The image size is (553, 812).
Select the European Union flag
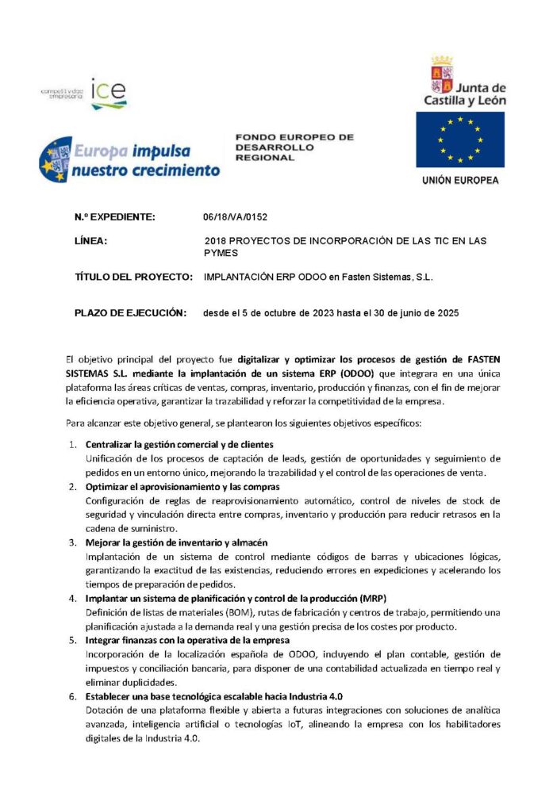pyautogui.click(x=459, y=140)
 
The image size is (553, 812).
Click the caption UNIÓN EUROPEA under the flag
pyautogui.click(x=460, y=181)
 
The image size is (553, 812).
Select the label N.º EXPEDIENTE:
pyautogui.click(x=115, y=216)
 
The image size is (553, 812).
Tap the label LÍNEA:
pyautogui.click(x=90, y=240)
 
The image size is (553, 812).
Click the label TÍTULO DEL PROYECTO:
pyautogui.click(x=133, y=278)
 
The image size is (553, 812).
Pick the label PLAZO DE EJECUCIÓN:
pyautogui.click(x=130, y=312)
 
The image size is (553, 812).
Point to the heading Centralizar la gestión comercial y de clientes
pyautogui.click(x=179, y=444)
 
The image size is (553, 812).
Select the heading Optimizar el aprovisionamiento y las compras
pyautogui.click(x=178, y=486)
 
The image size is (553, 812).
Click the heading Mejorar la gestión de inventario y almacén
pyautogui.click(x=176, y=542)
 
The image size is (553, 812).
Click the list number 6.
pyautogui.click(x=73, y=695)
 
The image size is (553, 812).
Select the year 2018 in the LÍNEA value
pyautogui.click(x=216, y=240)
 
